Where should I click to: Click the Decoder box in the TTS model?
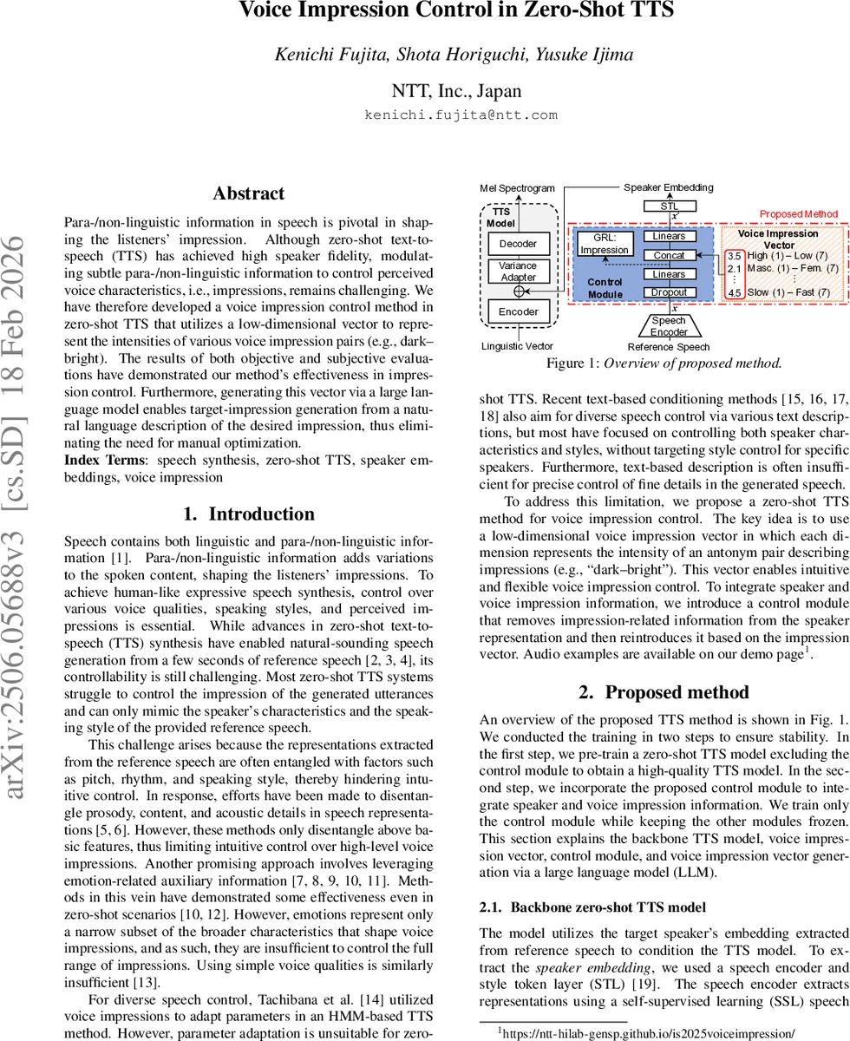[519, 244]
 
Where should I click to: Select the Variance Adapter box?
[519, 272]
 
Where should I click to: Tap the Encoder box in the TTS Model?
[519, 311]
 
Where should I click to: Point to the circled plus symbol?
[519, 291]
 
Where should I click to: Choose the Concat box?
[669, 255]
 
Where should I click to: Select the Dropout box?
[669, 292]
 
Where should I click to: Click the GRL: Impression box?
[605, 244]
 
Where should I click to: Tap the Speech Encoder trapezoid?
[669, 326]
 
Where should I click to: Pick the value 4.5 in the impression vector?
[735, 292]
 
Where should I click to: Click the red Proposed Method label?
[799, 213]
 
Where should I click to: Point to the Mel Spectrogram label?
[519, 187]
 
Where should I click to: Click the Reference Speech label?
[669, 347]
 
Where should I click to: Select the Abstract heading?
[248, 193]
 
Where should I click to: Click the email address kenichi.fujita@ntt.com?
[461, 115]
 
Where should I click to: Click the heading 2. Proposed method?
[664, 692]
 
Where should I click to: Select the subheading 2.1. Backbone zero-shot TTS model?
[592, 907]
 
